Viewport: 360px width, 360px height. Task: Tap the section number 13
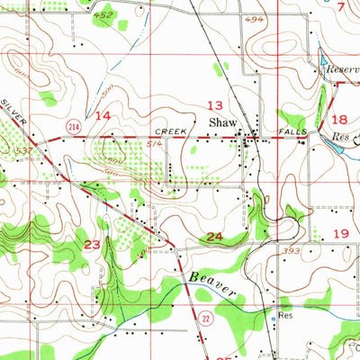pos(216,104)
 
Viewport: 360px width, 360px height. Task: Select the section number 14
pos(103,116)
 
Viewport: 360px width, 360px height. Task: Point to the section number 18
pos(339,119)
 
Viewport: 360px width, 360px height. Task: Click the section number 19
pos(341,233)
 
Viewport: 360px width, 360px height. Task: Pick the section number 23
pos(93,244)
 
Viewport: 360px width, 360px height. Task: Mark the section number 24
pos(214,237)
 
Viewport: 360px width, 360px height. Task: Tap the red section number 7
pos(341,6)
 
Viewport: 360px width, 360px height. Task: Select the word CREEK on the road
pos(172,131)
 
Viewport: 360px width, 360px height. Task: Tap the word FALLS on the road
pos(293,131)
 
